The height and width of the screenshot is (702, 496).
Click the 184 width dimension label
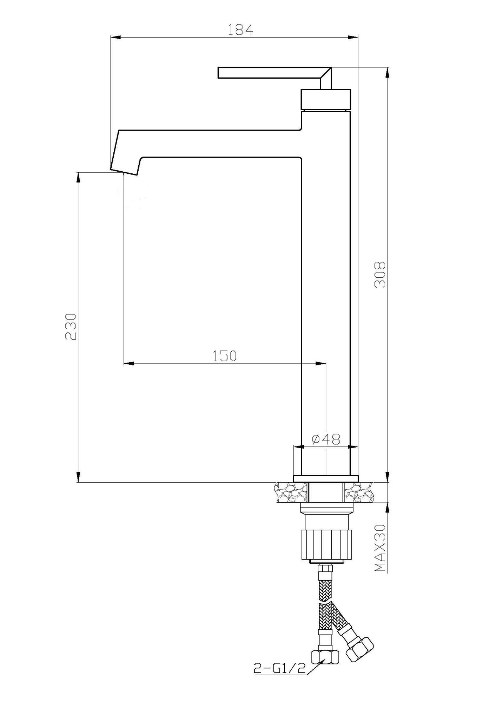coord(240,30)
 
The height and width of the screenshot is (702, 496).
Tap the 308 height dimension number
coord(380,274)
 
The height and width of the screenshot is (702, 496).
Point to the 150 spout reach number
coord(225,356)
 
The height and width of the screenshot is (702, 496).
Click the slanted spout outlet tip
coord(124,172)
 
